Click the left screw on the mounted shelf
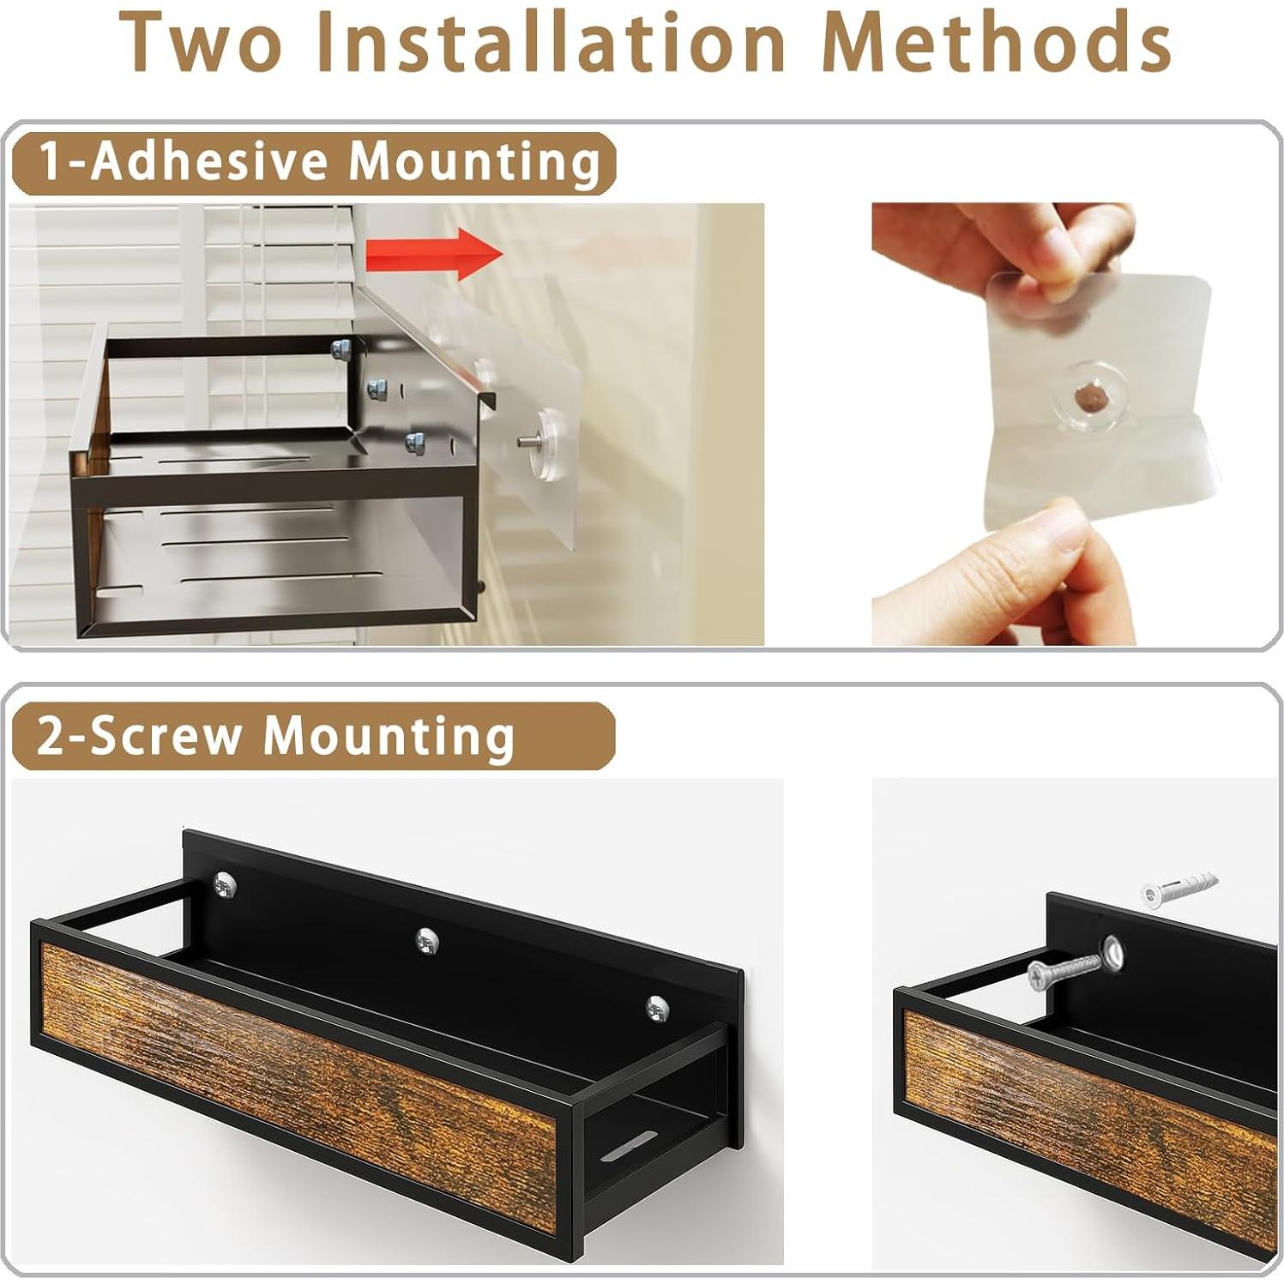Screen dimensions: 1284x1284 coord(225,885)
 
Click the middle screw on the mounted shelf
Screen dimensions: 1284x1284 coord(427,940)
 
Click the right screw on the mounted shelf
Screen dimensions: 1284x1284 coord(657,1009)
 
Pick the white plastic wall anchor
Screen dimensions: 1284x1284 coord(1179,889)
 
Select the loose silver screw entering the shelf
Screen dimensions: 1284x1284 coord(1064,971)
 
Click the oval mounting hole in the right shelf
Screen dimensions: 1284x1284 coord(1112,954)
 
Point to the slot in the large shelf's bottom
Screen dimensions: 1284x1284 coord(628,1146)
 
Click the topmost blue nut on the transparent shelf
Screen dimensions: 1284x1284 coord(341,348)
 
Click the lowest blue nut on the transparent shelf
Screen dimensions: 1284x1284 coord(415,443)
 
